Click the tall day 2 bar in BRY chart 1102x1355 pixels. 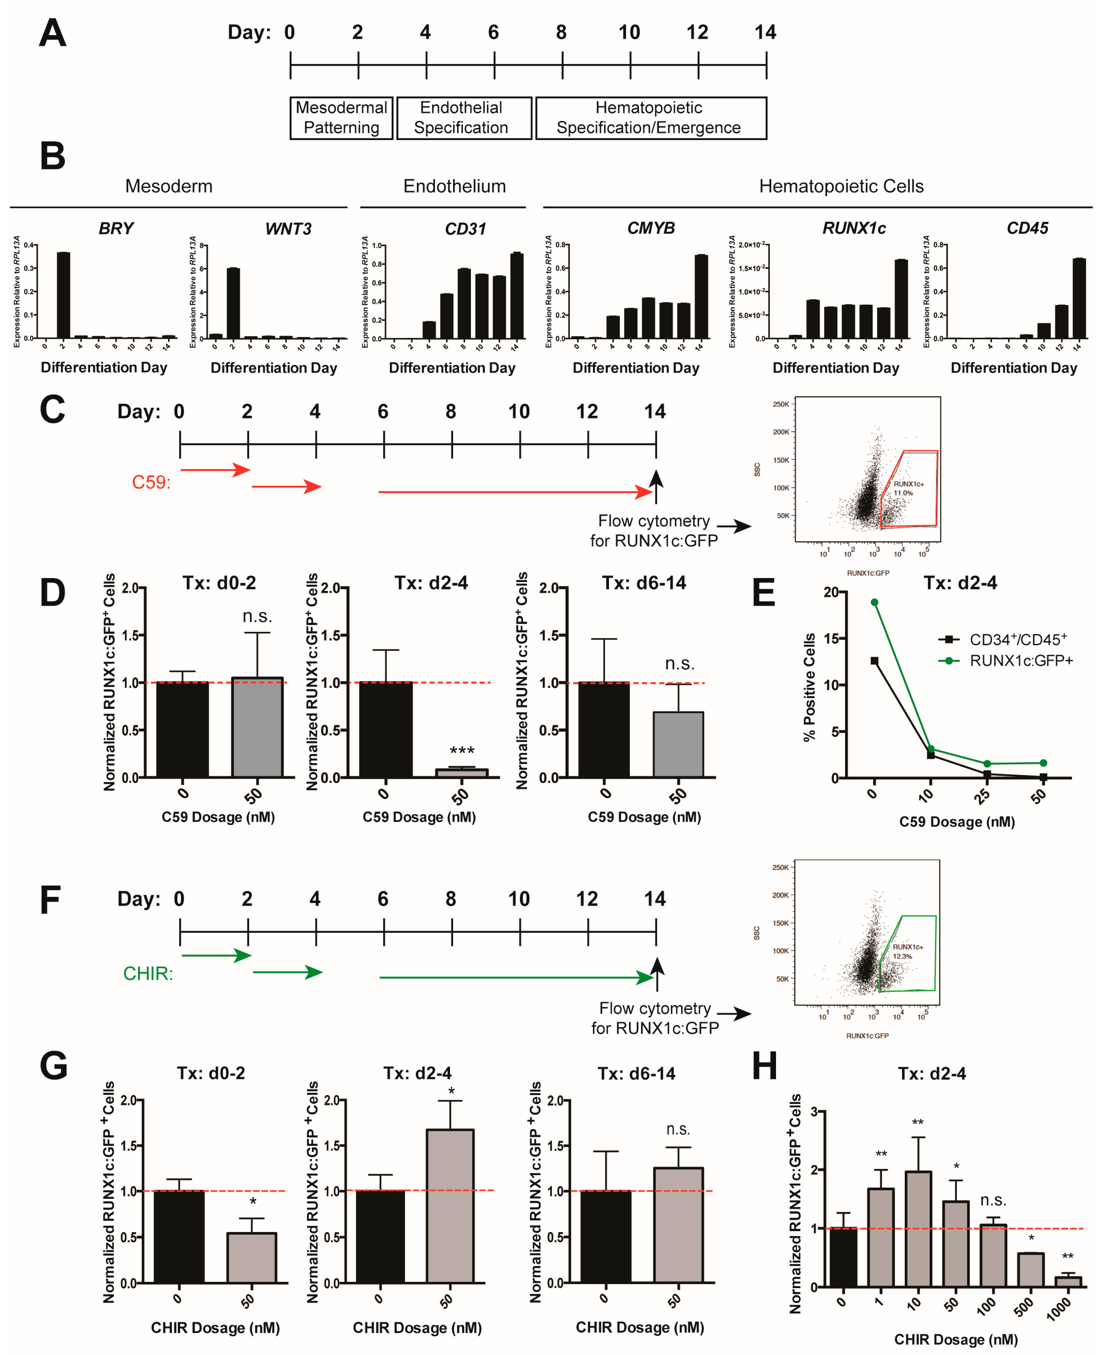click(x=63, y=295)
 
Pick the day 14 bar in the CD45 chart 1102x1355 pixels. click(x=1079, y=298)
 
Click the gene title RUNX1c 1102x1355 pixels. click(x=853, y=228)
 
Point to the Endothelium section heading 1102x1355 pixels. click(x=454, y=186)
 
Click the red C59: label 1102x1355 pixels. click(x=151, y=482)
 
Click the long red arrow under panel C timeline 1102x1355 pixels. click(x=514, y=491)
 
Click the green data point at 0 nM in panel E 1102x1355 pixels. click(x=874, y=602)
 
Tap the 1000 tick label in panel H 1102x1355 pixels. click(x=1058, y=1309)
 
